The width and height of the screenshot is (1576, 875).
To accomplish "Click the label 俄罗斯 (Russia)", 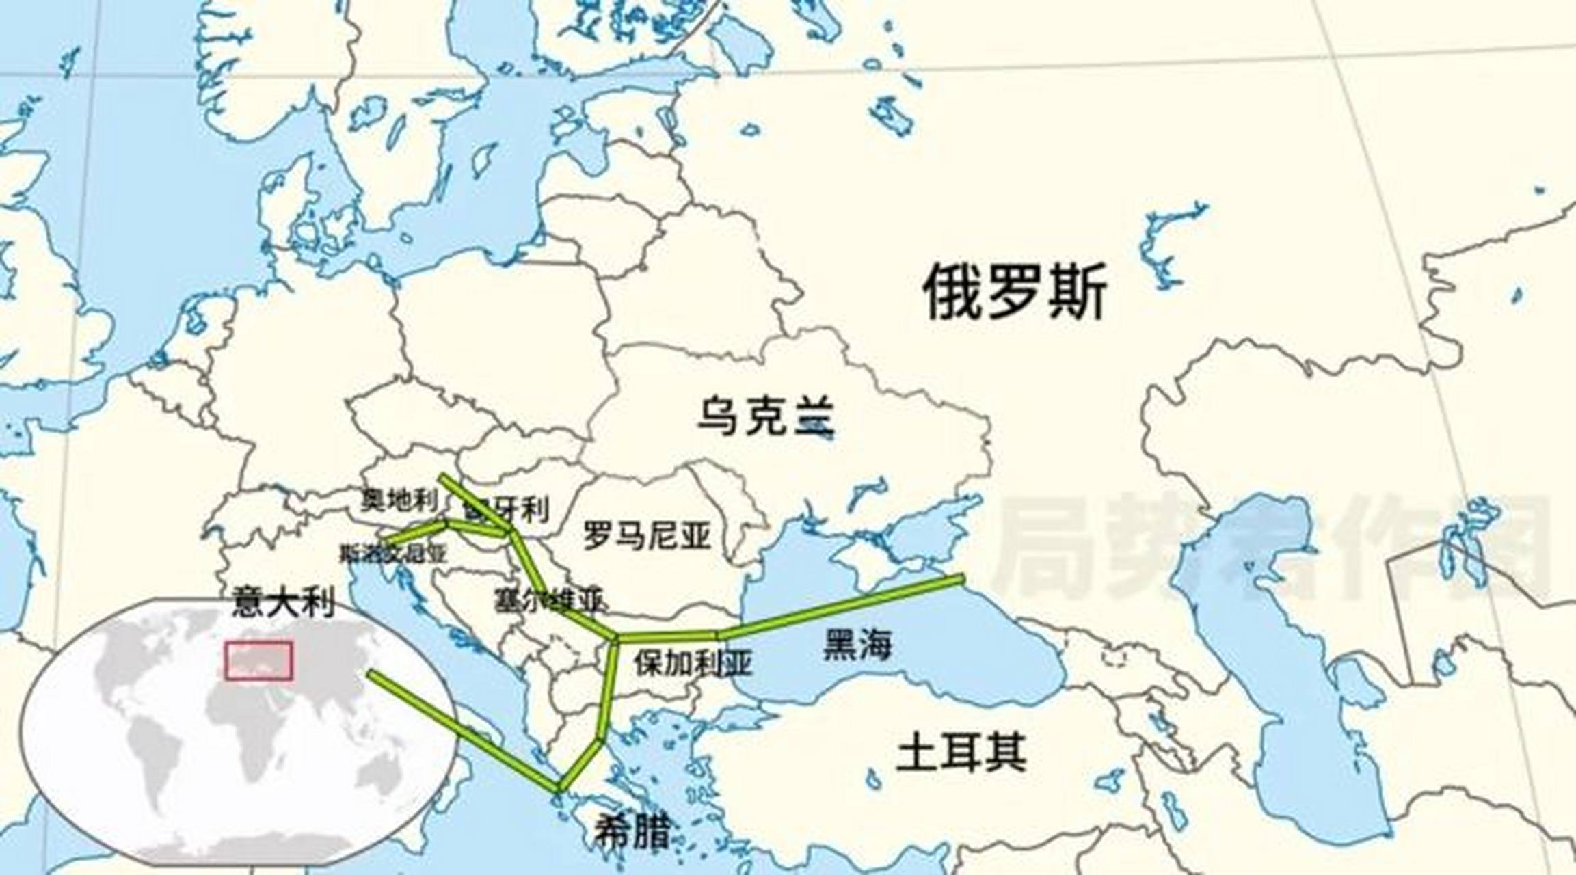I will pos(1015,293).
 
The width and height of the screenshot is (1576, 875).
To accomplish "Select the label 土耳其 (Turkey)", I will pos(961,751).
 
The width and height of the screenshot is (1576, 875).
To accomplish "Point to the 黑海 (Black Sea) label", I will pos(857,644).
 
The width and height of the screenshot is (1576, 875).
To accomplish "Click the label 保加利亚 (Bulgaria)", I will pos(693,662).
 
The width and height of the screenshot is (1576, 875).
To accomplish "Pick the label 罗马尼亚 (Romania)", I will pos(647,534).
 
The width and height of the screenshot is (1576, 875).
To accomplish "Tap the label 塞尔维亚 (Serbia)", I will pos(549,600).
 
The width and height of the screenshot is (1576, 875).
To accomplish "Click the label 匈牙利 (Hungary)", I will pos(506,509).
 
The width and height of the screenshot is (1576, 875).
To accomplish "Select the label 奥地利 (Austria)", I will pos(399,501).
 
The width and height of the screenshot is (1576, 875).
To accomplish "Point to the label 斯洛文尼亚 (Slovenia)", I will pos(393,553).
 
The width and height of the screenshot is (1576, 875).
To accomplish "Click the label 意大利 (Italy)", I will pos(283,602).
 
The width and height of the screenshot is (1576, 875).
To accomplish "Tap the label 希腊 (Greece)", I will pos(630,831).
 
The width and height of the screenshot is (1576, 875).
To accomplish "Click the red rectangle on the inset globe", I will pos(259,660).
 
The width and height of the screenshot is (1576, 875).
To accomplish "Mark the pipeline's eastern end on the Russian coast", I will pos(961,580).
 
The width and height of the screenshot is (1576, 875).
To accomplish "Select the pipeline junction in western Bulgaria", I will pos(615,639).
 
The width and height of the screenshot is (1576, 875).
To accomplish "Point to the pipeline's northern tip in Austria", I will pos(443,477).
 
